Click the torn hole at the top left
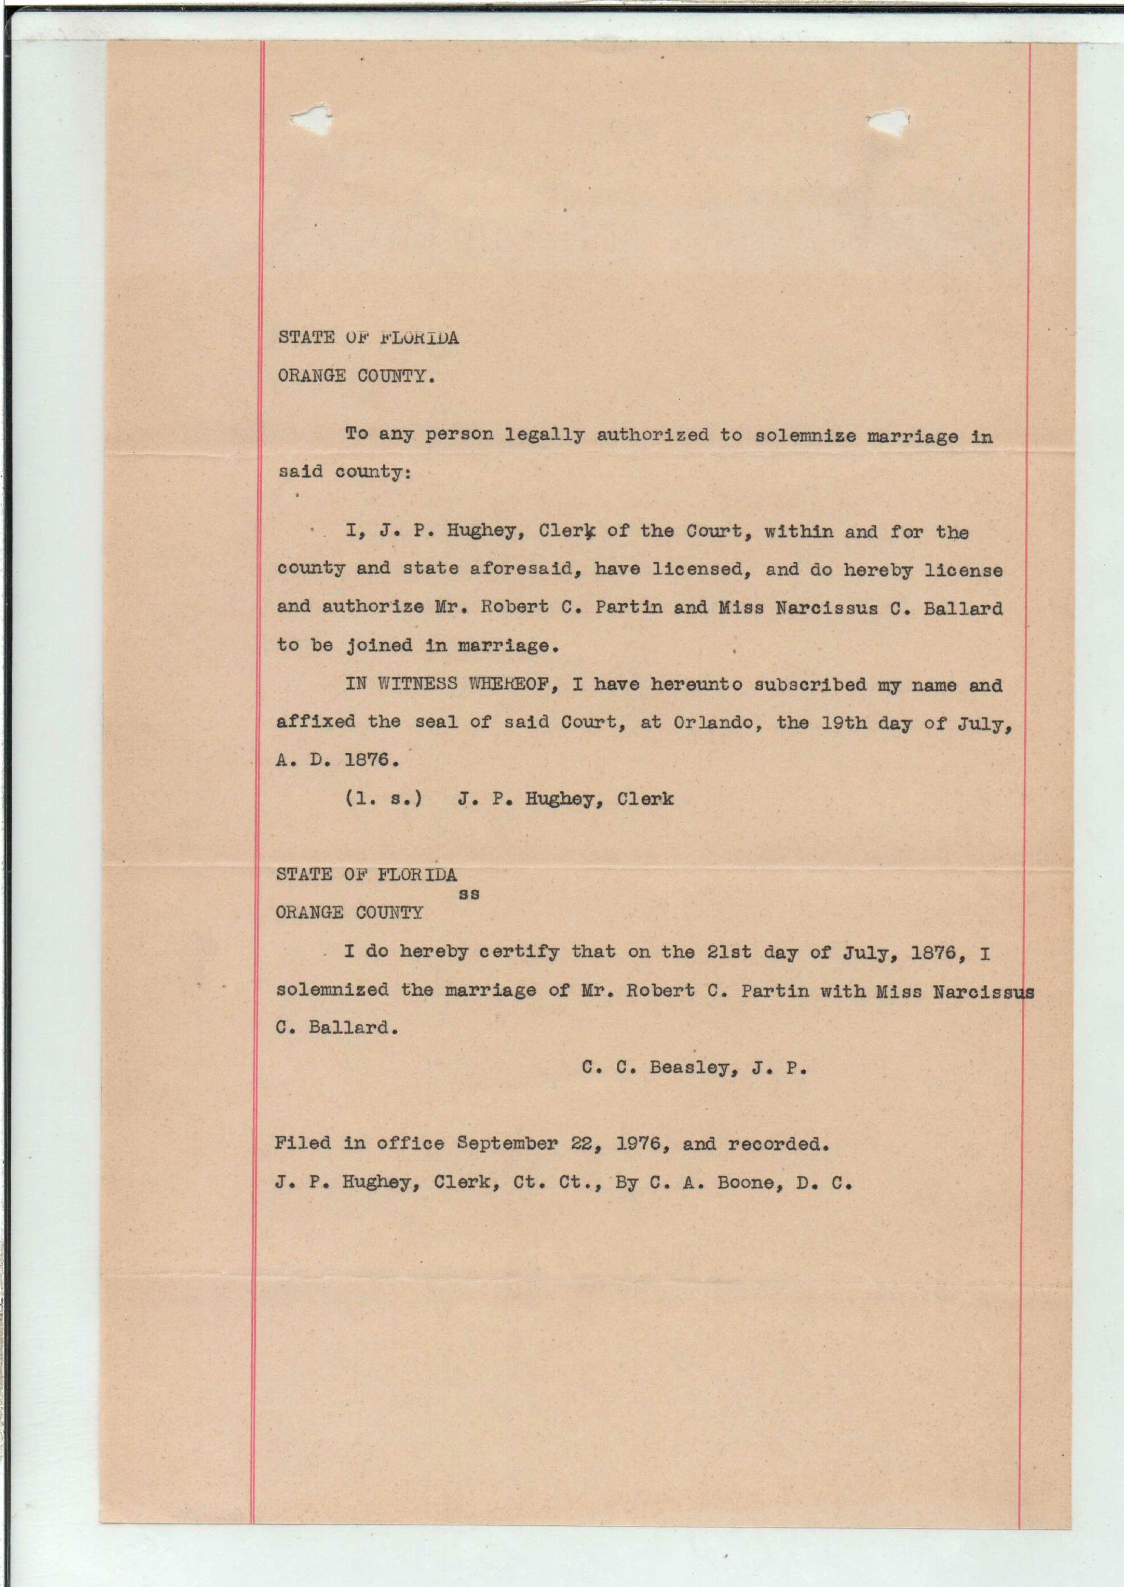311,118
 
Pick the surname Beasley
688,1067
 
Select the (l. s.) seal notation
384,798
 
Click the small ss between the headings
469,893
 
